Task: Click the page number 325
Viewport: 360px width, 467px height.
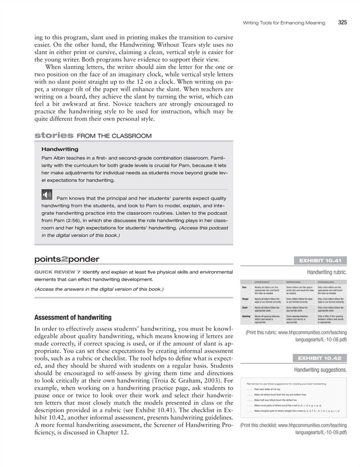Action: point(342,22)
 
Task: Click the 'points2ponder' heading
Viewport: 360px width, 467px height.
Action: point(66,259)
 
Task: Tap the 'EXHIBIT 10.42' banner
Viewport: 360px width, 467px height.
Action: point(319,359)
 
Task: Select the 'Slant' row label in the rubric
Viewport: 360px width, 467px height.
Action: point(244,308)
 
